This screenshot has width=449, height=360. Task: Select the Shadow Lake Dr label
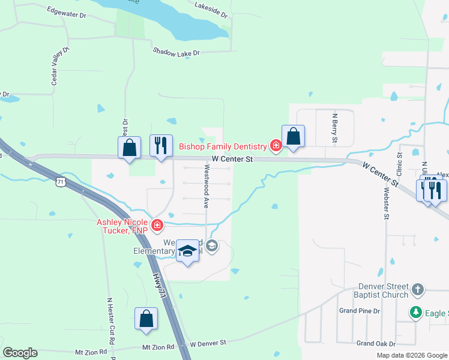tap(176, 53)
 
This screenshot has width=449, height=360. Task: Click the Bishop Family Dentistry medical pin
tap(276, 146)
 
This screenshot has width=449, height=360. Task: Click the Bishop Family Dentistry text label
tap(223, 146)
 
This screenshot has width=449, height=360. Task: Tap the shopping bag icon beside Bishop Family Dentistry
tap(293, 136)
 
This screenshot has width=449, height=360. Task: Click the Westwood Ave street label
tap(206, 187)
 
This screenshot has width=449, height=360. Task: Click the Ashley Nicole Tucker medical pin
tap(157, 226)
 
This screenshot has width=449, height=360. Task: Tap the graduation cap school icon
tap(187, 251)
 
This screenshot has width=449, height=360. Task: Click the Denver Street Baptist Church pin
tap(418, 291)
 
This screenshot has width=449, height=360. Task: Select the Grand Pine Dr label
tap(360, 311)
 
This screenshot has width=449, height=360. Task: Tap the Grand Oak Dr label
tap(376, 344)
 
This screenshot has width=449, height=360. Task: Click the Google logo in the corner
tap(20, 353)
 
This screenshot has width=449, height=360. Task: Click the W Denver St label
tap(208, 344)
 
